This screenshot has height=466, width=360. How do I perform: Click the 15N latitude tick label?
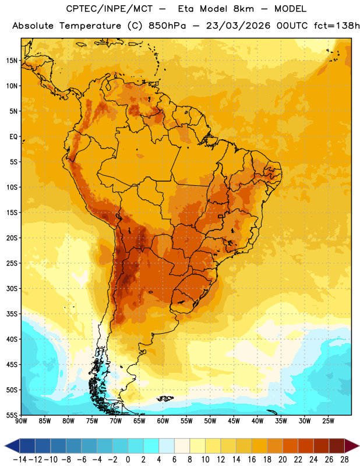pos(12,61)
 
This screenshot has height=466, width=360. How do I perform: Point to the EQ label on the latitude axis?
pos(13,137)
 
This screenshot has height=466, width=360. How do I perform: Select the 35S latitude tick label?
pos(12,314)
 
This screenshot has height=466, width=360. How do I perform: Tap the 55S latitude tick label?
pos(12,415)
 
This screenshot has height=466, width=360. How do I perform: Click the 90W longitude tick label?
pos(21,421)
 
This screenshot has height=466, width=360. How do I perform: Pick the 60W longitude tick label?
pos(163,421)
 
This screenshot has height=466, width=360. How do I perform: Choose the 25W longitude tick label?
pos(328,421)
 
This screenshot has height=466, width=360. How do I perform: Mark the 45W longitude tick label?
pos(234,421)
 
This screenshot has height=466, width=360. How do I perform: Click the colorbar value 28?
pos(344,460)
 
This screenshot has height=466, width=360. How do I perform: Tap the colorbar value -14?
pos(20,460)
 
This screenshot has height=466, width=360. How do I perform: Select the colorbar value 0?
pos(128,460)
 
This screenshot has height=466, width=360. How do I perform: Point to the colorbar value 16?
pos(252,460)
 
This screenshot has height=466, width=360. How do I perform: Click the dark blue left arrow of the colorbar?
pos(12,446)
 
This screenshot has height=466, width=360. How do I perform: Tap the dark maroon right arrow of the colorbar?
pos(352,446)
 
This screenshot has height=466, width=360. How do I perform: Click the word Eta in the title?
pos(186,9)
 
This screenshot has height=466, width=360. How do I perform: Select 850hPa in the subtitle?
pos(167,26)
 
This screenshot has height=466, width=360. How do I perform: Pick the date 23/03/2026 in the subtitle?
pos(238,26)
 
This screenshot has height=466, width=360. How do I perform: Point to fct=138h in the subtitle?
pos(337,26)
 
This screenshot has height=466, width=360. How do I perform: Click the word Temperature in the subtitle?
pos(90,26)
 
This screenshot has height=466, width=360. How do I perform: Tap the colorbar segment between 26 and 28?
pos(337,446)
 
